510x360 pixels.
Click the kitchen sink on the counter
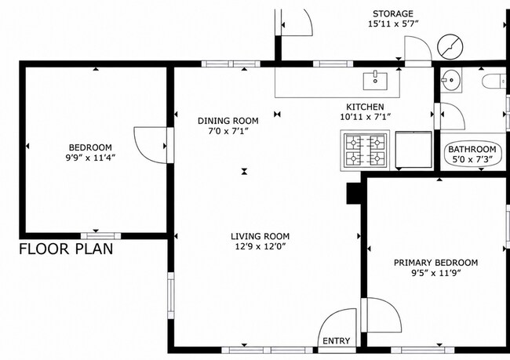(x=375, y=81)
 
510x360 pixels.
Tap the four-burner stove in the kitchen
(x=365, y=151)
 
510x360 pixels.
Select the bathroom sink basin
(x=451, y=80)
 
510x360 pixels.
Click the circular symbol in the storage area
(x=450, y=47)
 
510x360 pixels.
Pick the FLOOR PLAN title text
(x=66, y=249)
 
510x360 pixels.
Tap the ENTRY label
(x=337, y=341)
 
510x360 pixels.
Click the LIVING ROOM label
(x=260, y=236)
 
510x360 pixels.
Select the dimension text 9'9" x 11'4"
(x=91, y=158)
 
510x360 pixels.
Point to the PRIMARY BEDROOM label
(x=435, y=263)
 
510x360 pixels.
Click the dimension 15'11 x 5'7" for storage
(x=393, y=24)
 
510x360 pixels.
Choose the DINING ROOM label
(x=228, y=121)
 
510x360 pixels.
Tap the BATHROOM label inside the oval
(x=472, y=150)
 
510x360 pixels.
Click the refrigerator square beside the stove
(x=413, y=150)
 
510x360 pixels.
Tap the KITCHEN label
(x=365, y=107)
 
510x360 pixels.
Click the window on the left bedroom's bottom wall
(x=101, y=236)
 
